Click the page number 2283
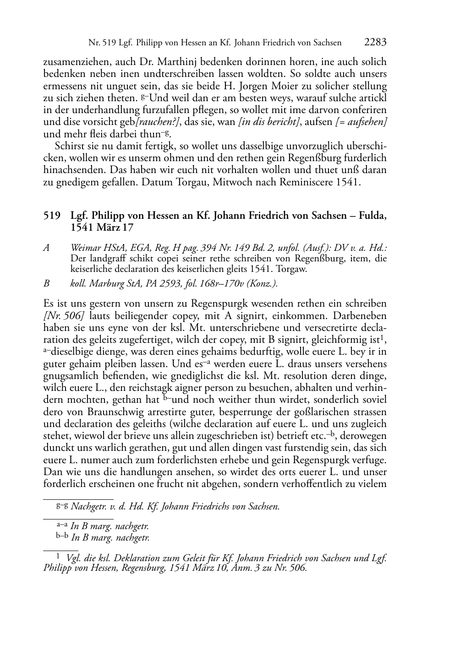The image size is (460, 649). coord(375,43)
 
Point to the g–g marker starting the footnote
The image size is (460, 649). coord(62,506)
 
